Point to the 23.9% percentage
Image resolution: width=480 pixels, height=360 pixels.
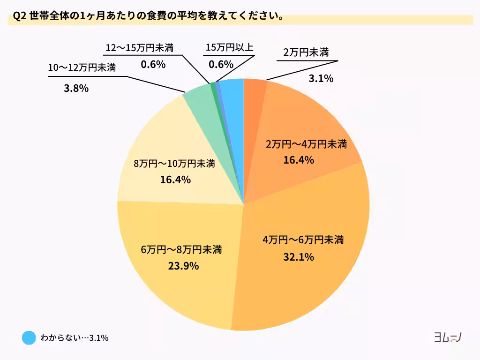[x=183, y=266]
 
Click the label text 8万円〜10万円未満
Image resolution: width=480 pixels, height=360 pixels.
[x=174, y=164]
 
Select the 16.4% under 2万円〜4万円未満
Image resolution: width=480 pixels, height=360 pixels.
[x=299, y=160]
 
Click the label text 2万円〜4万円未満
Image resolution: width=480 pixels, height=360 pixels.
[x=306, y=144]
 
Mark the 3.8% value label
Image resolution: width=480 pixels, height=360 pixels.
[x=76, y=88]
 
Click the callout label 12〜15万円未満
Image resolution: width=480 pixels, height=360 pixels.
[x=140, y=48]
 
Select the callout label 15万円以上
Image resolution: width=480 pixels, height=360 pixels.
[x=229, y=48]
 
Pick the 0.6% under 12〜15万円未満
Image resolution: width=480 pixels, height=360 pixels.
[x=153, y=65]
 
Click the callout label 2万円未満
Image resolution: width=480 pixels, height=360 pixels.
[x=306, y=52]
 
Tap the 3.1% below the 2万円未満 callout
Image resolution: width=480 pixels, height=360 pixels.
[x=321, y=79]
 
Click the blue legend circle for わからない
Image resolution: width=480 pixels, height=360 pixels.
[x=29, y=337]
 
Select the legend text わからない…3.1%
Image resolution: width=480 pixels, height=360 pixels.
[x=75, y=337]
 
